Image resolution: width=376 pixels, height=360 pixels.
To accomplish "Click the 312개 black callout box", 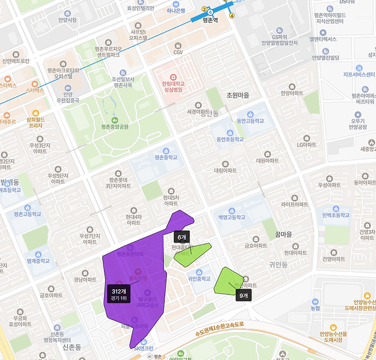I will (118, 294).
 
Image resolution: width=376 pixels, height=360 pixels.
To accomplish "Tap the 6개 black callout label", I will (182, 237).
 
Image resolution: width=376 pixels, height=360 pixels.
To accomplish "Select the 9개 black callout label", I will (243, 295).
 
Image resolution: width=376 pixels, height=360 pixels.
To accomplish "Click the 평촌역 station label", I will (211, 19).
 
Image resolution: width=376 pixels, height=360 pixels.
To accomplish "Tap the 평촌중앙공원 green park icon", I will (115, 121).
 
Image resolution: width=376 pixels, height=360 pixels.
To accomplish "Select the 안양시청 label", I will (67, 19).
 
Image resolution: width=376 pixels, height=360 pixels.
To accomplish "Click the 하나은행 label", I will (176, 10).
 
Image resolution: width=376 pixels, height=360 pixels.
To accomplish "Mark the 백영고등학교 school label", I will (231, 217).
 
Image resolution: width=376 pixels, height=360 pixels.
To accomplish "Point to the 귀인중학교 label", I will (199, 279).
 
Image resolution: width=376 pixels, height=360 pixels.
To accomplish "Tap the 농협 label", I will (315, 309).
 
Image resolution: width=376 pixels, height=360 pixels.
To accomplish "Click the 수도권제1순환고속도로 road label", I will (219, 325).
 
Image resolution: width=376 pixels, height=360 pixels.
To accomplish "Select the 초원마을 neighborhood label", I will (238, 95).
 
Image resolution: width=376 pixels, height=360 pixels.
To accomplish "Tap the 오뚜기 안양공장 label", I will (358, 124).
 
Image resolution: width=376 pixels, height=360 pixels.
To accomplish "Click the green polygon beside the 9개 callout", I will (227, 280).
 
